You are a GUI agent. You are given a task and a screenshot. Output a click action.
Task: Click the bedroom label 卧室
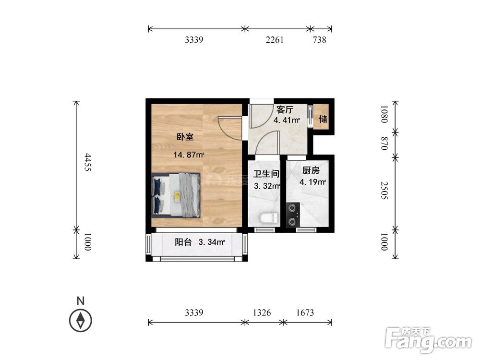click(x=185, y=137)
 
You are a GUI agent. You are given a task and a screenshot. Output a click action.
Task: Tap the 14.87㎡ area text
click(x=189, y=155)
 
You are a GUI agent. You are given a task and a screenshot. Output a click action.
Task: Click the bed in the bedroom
click(x=176, y=195)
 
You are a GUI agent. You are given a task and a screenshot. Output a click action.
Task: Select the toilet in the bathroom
click(x=268, y=218)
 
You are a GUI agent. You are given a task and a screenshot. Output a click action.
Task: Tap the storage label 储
click(x=324, y=119)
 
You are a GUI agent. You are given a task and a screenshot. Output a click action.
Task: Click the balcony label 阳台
click(x=183, y=242)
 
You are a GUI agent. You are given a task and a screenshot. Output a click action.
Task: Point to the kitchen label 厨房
click(x=311, y=170)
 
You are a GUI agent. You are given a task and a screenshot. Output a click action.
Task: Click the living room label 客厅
click(x=285, y=109)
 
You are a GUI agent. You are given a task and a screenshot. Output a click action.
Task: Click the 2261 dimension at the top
click(x=275, y=40)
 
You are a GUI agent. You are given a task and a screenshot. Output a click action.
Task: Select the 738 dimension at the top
click(x=319, y=40)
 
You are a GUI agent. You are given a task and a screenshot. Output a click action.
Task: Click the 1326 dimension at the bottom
click(x=262, y=313)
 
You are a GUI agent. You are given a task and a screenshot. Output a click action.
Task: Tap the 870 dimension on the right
click(x=384, y=144)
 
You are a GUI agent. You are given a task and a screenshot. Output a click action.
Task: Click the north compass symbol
click(x=81, y=320)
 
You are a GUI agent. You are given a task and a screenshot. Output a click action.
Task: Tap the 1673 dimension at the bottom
click(x=305, y=313)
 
